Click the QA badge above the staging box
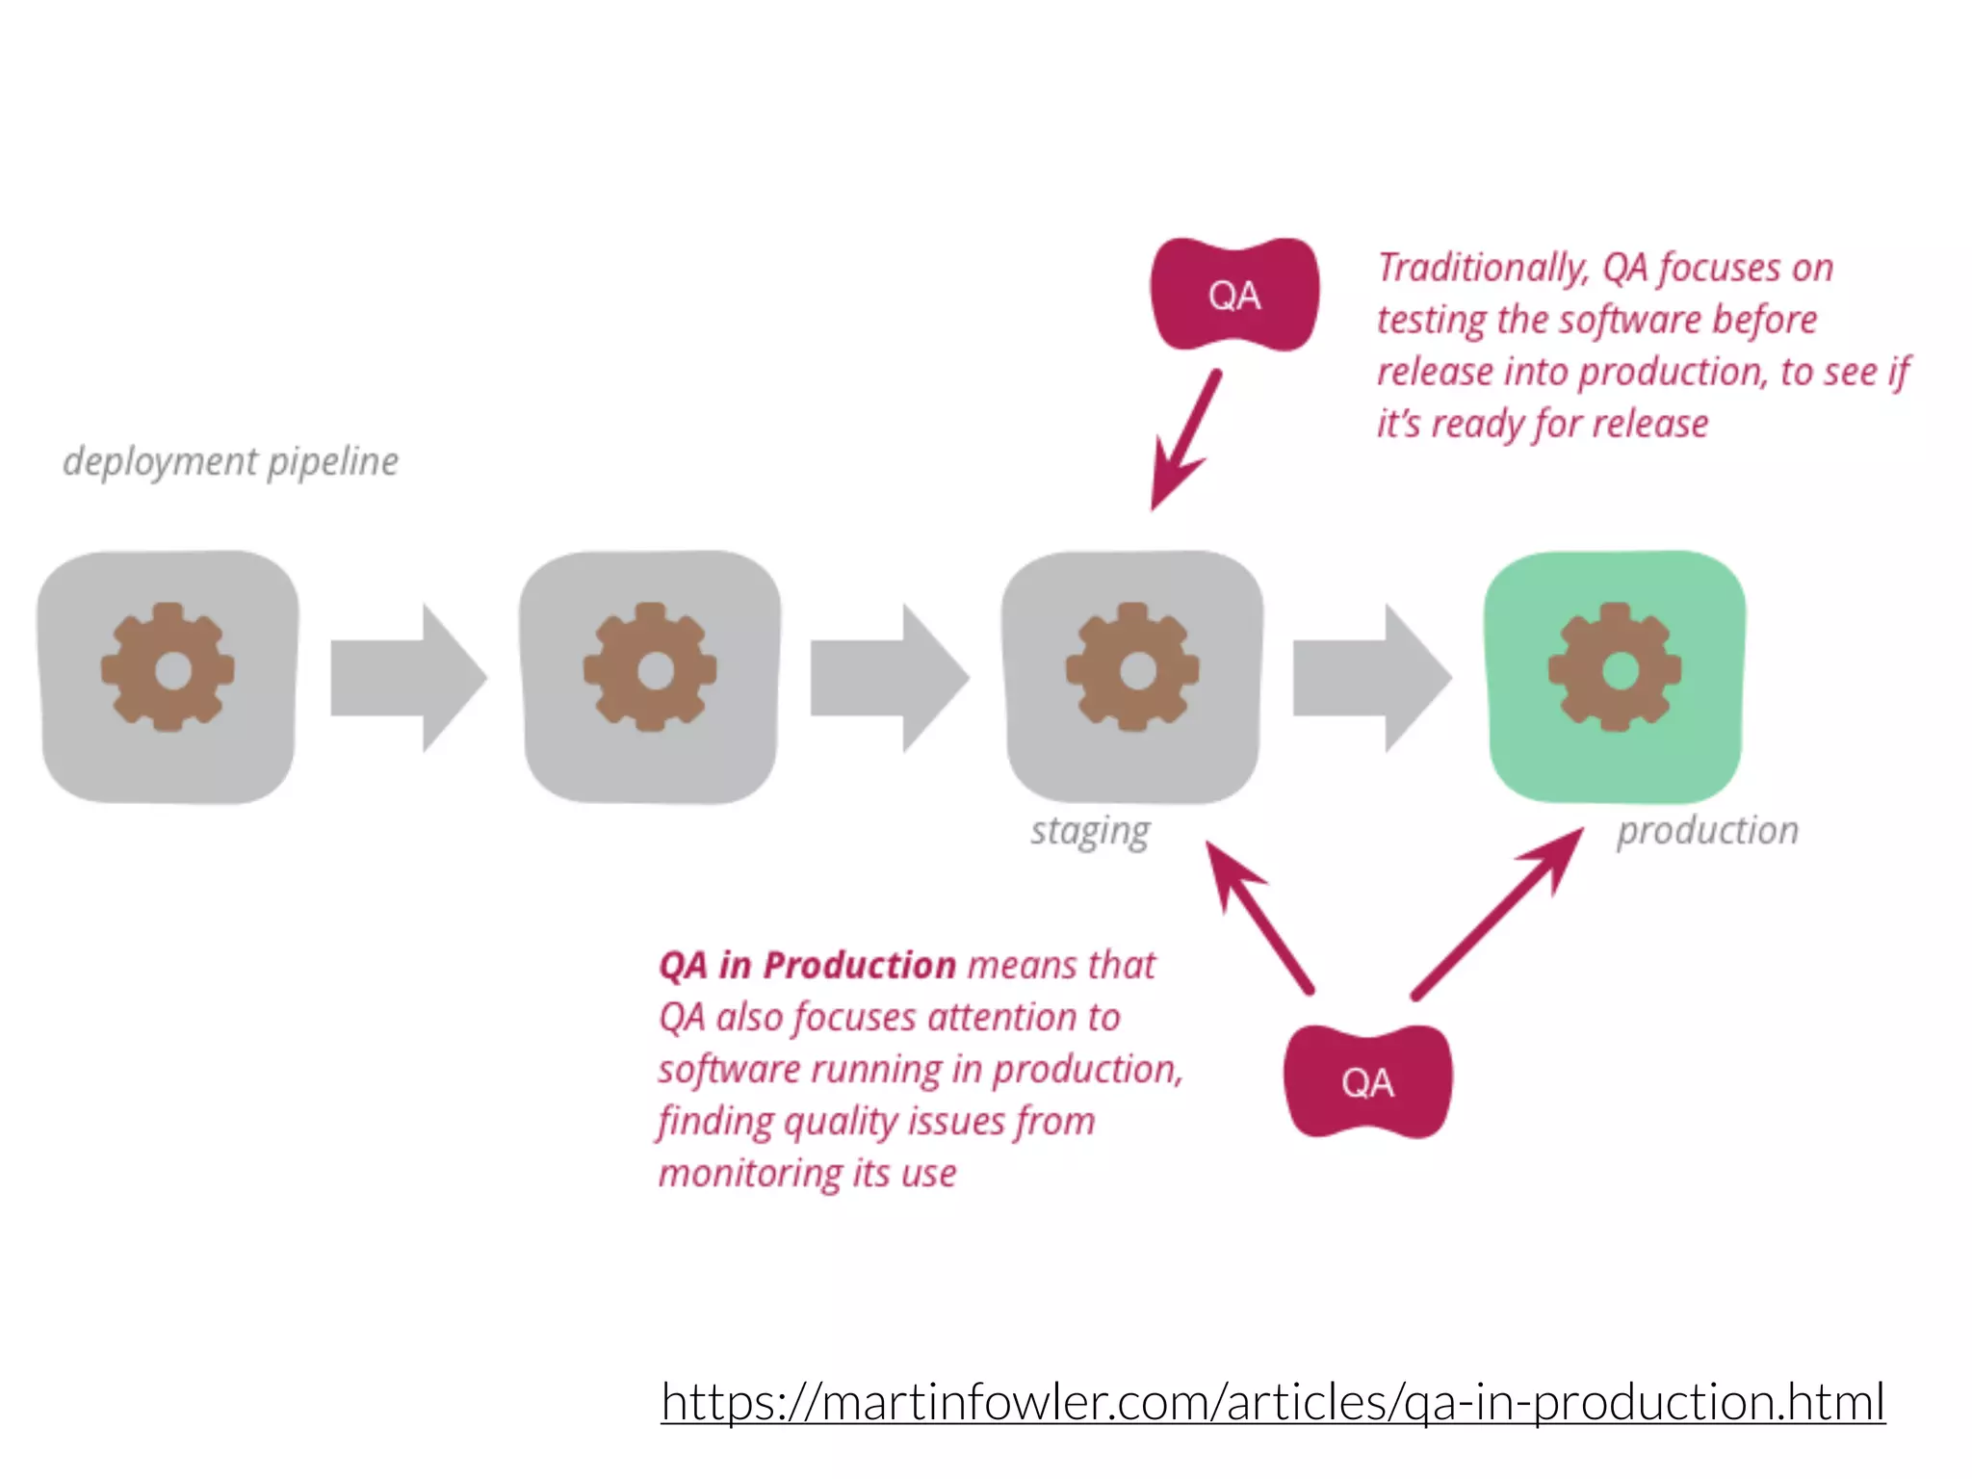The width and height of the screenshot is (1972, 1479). tap(1234, 295)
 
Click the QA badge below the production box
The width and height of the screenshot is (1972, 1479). tap(1367, 1082)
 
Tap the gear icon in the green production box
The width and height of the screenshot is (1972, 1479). tap(1615, 668)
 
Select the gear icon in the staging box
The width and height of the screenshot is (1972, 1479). tap(1132, 668)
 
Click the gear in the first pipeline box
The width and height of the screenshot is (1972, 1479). tap(168, 668)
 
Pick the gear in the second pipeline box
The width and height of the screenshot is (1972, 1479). tap(650, 668)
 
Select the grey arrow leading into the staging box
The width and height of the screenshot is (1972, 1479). tap(887, 678)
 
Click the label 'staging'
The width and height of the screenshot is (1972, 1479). tap(1090, 831)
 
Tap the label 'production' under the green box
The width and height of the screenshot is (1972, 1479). tap(1707, 830)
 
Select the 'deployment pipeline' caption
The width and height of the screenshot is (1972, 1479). tap(230, 461)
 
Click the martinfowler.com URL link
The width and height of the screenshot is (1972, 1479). tap(1272, 1401)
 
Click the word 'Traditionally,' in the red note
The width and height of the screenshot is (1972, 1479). tap(1482, 268)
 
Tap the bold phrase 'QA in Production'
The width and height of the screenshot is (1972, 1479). tap(807, 965)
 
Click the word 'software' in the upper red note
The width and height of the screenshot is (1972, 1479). tap(1619, 320)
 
